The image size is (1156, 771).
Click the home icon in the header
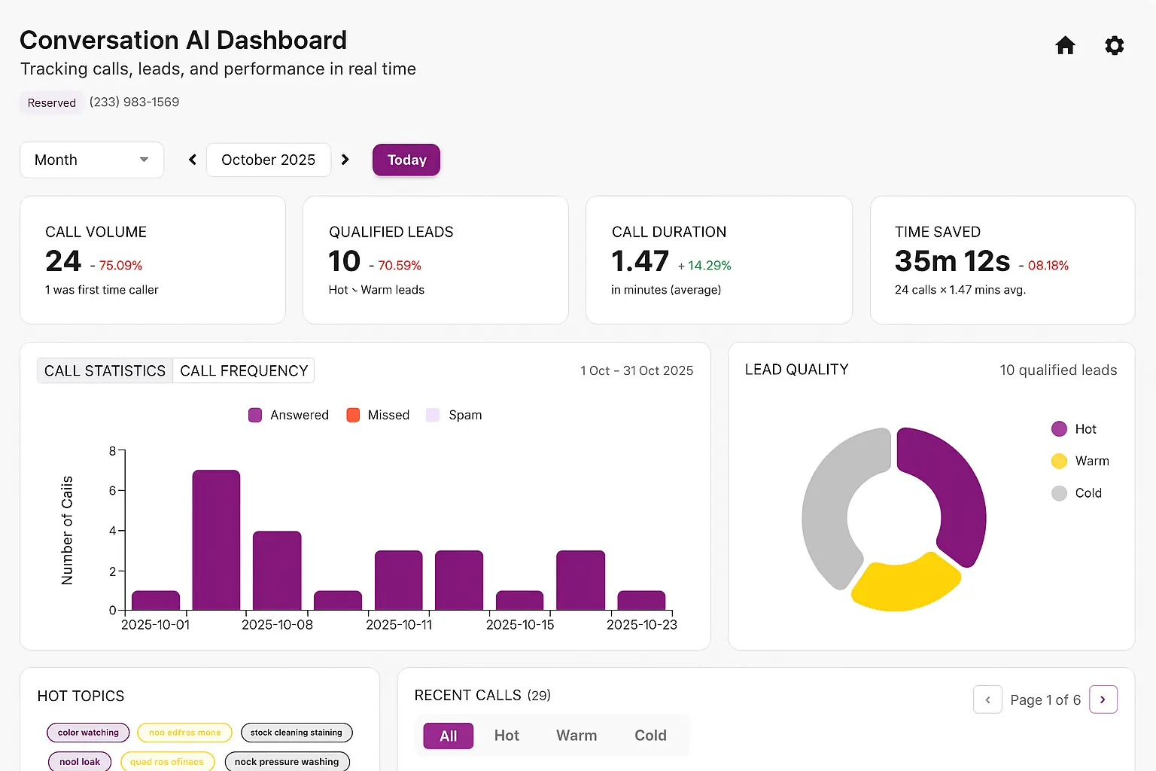coord(1065,46)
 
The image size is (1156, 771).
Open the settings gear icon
coord(1114,46)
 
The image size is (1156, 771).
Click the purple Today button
coord(406,160)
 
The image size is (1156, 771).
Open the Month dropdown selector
coord(92,160)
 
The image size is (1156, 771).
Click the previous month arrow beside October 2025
coord(193,160)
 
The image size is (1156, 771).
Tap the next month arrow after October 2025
coord(345,160)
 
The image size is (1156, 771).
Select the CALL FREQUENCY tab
coord(244,370)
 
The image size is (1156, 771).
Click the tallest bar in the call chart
coord(216,539)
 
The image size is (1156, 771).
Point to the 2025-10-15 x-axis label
coord(520,625)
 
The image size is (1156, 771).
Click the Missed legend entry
coord(379,415)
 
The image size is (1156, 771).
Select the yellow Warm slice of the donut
coord(905,584)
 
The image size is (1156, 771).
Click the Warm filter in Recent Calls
coord(576,736)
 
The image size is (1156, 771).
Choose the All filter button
coord(448,736)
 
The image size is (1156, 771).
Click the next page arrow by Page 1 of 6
coord(1103,699)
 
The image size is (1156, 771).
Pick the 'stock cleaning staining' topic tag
coord(296,733)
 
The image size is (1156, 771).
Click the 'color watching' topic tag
coord(88,733)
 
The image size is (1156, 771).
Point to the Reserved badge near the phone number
coord(52,103)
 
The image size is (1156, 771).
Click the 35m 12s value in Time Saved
coord(952,261)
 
